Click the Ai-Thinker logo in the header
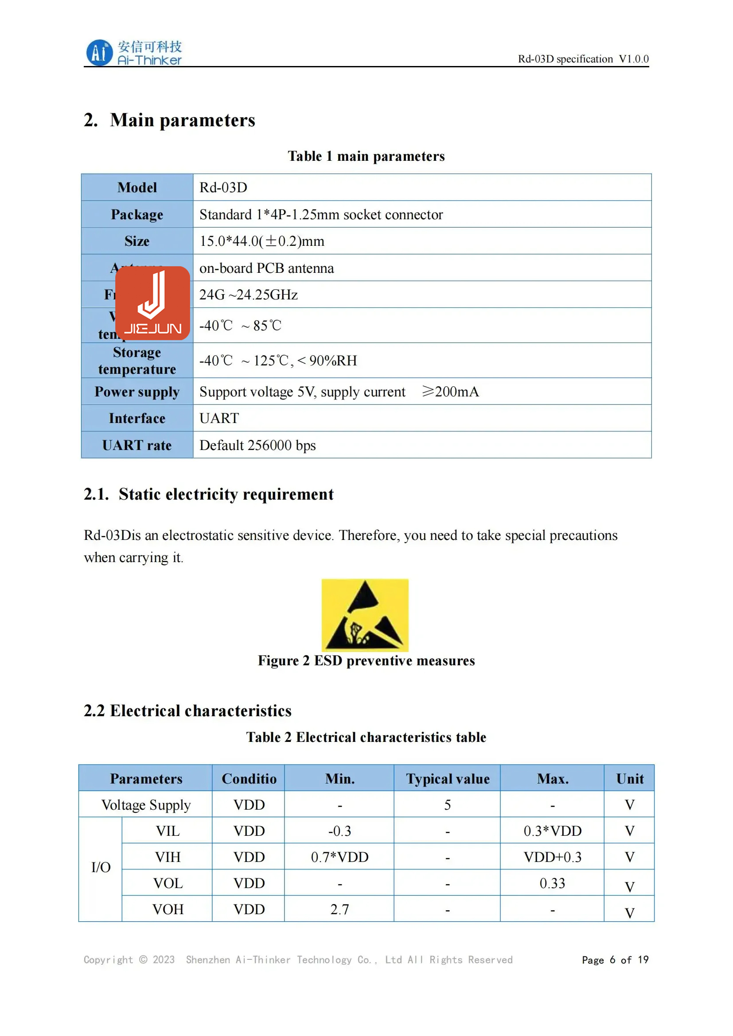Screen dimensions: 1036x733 pyautogui.click(x=133, y=53)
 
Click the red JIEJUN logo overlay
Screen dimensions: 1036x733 pyautogui.click(x=152, y=303)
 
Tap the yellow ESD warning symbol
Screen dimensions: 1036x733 pyautogui.click(x=365, y=615)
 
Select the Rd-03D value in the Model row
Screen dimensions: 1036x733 pyautogui.click(x=223, y=187)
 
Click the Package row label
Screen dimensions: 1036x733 pyautogui.click(x=137, y=214)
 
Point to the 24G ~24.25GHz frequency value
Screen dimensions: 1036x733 pyautogui.click(x=248, y=295)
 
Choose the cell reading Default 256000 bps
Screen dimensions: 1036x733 pyautogui.click(x=257, y=445)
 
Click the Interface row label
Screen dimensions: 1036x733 pyautogui.click(x=137, y=418)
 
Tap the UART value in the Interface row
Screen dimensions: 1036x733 pyautogui.click(x=219, y=418)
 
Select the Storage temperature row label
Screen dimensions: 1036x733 pyautogui.click(x=137, y=361)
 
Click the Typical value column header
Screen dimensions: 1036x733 pyautogui.click(x=447, y=778)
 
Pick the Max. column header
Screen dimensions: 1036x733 pyautogui.click(x=553, y=778)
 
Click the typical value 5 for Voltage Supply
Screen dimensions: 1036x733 pyautogui.click(x=447, y=804)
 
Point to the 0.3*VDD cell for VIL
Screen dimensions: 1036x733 pyautogui.click(x=553, y=830)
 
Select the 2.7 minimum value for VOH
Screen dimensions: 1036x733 pyautogui.click(x=339, y=909)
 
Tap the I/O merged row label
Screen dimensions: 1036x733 pyautogui.click(x=101, y=867)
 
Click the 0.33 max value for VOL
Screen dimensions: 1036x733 pyautogui.click(x=553, y=883)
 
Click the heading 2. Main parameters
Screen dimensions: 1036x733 pyautogui.click(x=169, y=120)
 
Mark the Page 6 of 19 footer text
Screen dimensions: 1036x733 pyautogui.click(x=615, y=960)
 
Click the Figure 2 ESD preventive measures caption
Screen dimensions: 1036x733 pyautogui.click(x=366, y=660)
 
